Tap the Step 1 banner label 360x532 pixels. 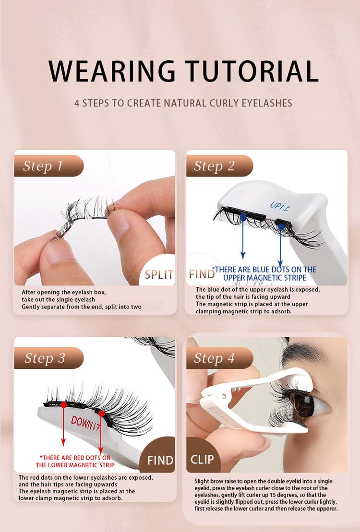pos(43,166)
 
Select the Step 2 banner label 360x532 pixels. pos(214,166)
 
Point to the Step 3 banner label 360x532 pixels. pos(44,358)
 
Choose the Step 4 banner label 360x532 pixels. pos(214,358)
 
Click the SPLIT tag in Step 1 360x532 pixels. pos(159,274)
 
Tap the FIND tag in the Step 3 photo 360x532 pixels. pos(160,461)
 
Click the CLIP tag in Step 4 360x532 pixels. pos(202,459)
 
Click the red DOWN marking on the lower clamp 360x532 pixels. pos(87,422)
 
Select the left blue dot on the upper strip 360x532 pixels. pos(243,217)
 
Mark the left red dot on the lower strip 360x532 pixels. pos(64,405)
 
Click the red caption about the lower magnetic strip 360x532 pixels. pos(75,461)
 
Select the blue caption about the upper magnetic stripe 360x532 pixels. pos(264,273)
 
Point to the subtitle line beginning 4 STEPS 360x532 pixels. pos(183,103)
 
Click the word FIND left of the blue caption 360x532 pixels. pos(202,274)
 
